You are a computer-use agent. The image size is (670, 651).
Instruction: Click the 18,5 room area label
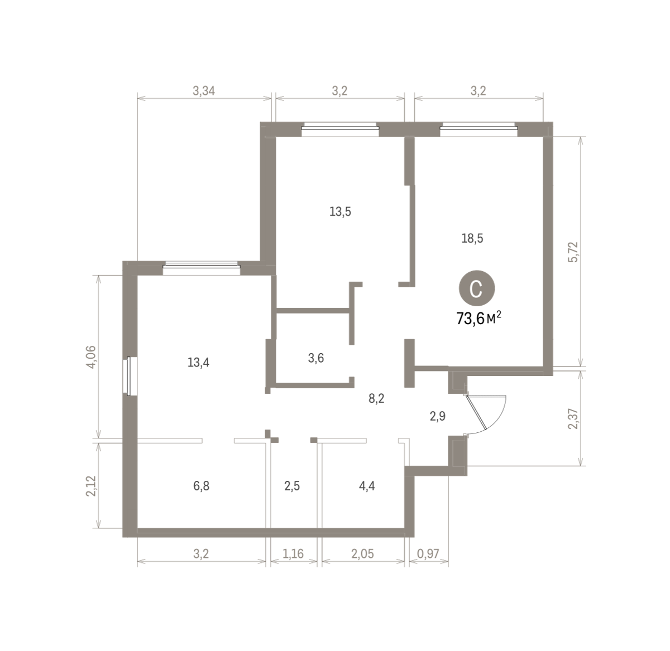point(472,238)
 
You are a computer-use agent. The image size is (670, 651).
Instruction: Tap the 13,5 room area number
point(340,211)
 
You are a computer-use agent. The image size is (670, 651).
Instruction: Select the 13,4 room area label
point(198,362)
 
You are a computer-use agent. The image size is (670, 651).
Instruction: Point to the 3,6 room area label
point(315,358)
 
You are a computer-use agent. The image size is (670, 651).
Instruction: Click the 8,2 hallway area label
point(376,398)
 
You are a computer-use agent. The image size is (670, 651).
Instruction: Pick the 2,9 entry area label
point(438,416)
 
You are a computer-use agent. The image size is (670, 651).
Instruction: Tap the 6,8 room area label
point(201,486)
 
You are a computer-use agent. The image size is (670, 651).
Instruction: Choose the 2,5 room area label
point(292,486)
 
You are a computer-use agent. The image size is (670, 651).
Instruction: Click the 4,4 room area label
point(367,486)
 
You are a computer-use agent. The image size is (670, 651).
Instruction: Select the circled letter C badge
point(477,288)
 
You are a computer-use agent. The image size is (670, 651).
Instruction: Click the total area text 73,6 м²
point(478,319)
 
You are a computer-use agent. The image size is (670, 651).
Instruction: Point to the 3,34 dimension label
point(204,91)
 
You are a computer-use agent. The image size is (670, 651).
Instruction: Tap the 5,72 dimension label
point(573,252)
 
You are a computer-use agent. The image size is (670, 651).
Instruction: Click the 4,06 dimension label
point(92,357)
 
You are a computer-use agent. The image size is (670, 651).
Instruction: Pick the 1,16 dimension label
point(293,553)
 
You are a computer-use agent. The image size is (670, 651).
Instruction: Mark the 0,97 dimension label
point(428,553)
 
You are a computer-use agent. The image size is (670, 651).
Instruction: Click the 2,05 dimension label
point(362,553)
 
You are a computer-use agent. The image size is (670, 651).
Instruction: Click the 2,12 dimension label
point(92,486)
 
